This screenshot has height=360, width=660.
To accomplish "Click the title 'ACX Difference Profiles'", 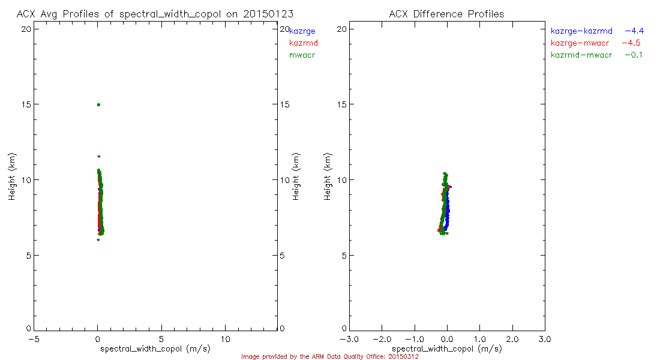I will (x=446, y=14).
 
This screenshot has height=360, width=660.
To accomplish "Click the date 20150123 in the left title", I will (x=268, y=14).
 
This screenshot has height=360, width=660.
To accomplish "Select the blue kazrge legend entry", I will (x=302, y=31).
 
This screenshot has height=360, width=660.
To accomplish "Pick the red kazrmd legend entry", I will (x=304, y=43).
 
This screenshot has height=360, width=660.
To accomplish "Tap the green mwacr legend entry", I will (x=302, y=55).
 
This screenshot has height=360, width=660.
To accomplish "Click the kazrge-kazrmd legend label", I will (x=581, y=31).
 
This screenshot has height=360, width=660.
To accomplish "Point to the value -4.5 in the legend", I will (x=632, y=43).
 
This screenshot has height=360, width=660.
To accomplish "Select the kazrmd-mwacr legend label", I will (x=581, y=55).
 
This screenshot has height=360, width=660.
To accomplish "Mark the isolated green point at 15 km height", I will (x=98, y=104).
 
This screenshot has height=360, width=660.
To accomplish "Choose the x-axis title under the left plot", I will (x=155, y=349).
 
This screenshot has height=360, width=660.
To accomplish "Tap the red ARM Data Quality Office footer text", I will (x=329, y=356).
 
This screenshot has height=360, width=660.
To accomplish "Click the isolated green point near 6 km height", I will (x=98, y=240).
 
